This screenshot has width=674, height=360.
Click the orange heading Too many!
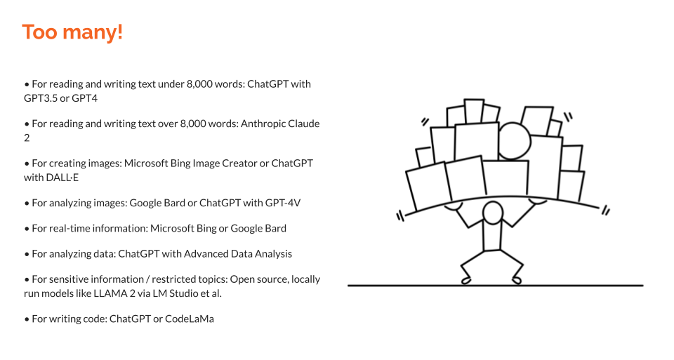[72, 32]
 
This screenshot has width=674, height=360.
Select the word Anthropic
[265, 124]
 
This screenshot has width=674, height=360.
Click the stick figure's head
[493, 211]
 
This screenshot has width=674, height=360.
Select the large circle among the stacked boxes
[515, 140]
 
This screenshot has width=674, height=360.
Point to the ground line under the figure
[495, 285]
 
